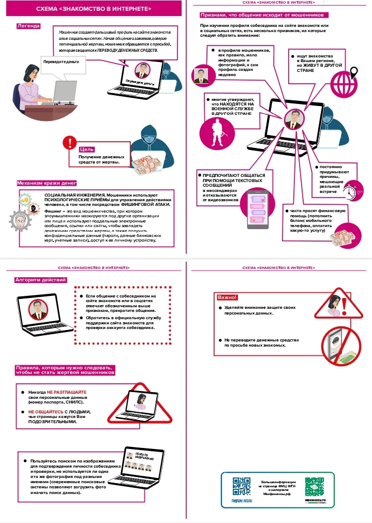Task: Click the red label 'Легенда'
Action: (x=29, y=26)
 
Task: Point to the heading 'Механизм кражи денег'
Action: (x=47, y=183)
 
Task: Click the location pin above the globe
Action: (x=354, y=71)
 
